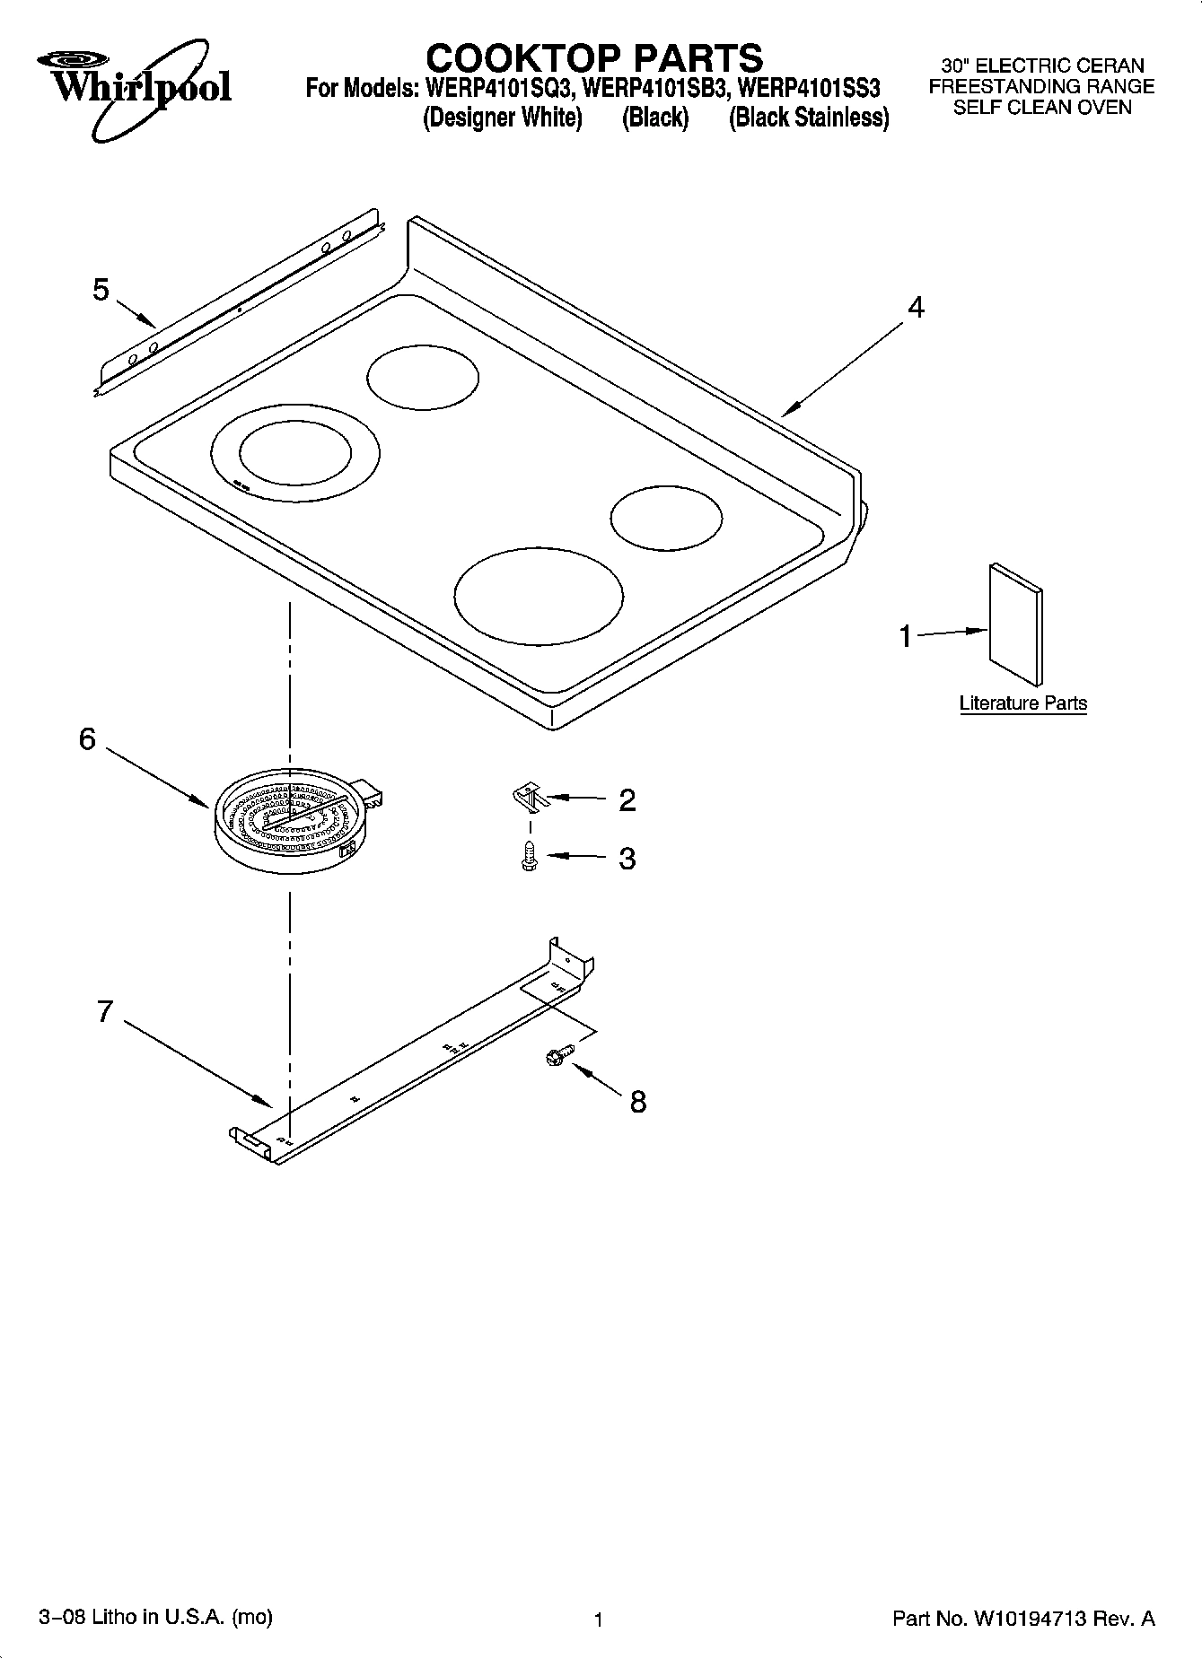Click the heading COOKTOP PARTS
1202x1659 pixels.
(593, 58)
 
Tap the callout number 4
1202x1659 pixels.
(915, 307)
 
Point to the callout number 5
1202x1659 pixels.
(101, 290)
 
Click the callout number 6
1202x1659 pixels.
(87, 739)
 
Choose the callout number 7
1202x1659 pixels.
(104, 1011)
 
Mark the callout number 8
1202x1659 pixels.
(637, 1101)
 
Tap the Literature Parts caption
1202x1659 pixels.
(1022, 703)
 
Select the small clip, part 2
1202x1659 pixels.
(529, 795)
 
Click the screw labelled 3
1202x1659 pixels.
(529, 858)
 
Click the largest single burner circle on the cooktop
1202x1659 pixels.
(538, 597)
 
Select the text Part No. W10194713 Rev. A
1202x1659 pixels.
(1023, 1619)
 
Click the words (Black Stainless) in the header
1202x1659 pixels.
(808, 118)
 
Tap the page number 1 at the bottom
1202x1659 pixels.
(597, 1620)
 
